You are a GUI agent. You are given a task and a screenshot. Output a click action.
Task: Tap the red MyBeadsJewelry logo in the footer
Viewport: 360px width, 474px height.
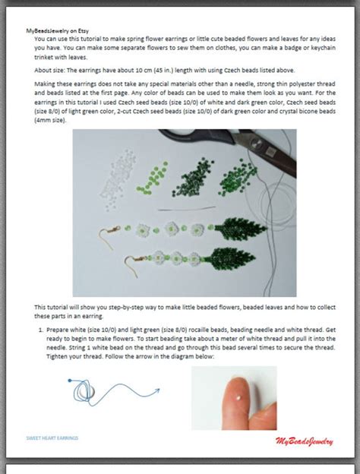304,441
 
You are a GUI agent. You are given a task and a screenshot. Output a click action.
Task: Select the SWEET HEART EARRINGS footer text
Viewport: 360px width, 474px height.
52,438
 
